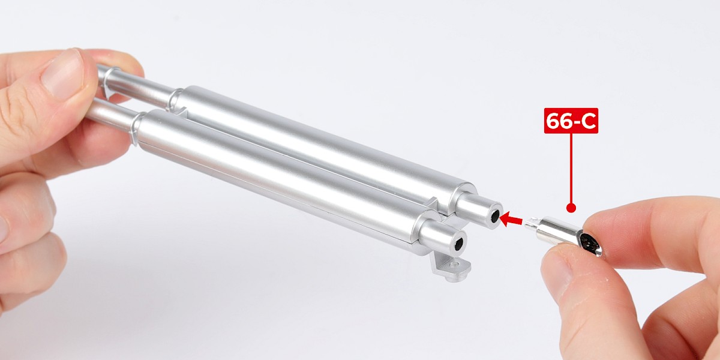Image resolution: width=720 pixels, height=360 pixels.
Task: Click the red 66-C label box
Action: click(571, 121)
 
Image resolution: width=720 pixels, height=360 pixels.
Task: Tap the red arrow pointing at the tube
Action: click(511, 220)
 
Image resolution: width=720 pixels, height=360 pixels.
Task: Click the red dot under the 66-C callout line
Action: click(571, 208)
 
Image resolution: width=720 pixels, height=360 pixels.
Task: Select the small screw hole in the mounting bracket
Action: click(454, 265)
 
